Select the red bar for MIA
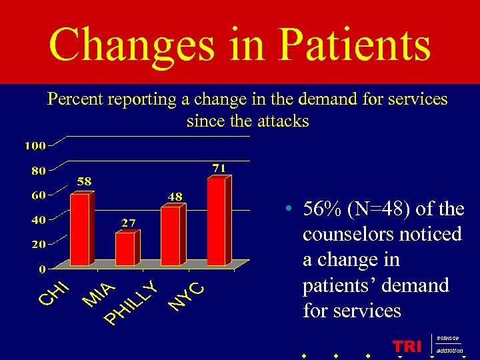point(125,248)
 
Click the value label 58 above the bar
point(84,181)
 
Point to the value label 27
point(129,222)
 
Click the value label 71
point(219,167)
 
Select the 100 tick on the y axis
point(35,145)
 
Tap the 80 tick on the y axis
point(38,170)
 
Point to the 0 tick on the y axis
point(42,269)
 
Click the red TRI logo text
point(407,347)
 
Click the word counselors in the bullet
point(353,235)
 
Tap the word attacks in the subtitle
point(283,121)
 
